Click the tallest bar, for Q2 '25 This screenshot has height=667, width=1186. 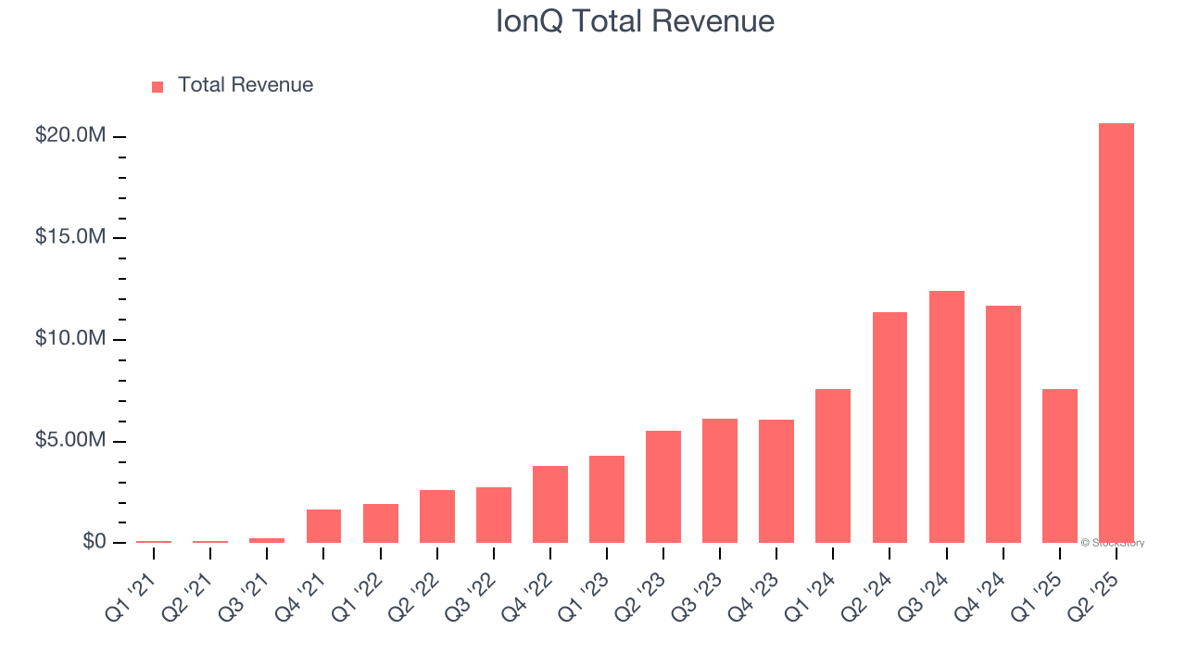[1116, 333]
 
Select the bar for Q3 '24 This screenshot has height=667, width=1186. [946, 417]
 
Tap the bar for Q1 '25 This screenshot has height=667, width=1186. [1059, 466]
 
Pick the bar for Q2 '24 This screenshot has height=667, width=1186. [889, 427]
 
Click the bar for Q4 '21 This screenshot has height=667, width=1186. [323, 526]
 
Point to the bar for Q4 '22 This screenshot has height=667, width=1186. [549, 504]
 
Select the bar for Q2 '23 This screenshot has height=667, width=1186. [663, 486]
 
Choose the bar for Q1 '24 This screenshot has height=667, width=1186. [833, 466]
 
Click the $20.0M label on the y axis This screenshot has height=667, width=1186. [70, 136]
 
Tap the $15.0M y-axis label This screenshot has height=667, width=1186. [70, 237]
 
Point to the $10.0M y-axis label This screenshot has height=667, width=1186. [70, 339]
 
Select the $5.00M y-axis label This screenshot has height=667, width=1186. [70, 440]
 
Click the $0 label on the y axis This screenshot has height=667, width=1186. [94, 541]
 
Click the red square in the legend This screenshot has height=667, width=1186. [158, 86]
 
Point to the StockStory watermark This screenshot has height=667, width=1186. [1113, 543]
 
